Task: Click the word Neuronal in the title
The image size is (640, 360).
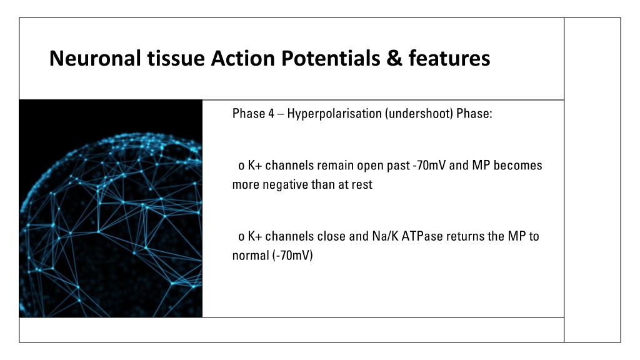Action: click(95, 58)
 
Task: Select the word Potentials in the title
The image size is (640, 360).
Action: click(331, 58)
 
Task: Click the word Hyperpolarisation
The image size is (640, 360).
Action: click(334, 114)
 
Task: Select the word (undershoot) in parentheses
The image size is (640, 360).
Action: click(419, 114)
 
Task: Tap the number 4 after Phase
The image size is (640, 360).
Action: click(271, 114)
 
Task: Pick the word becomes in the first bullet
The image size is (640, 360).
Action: click(517, 165)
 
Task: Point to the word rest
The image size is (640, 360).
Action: click(362, 185)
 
